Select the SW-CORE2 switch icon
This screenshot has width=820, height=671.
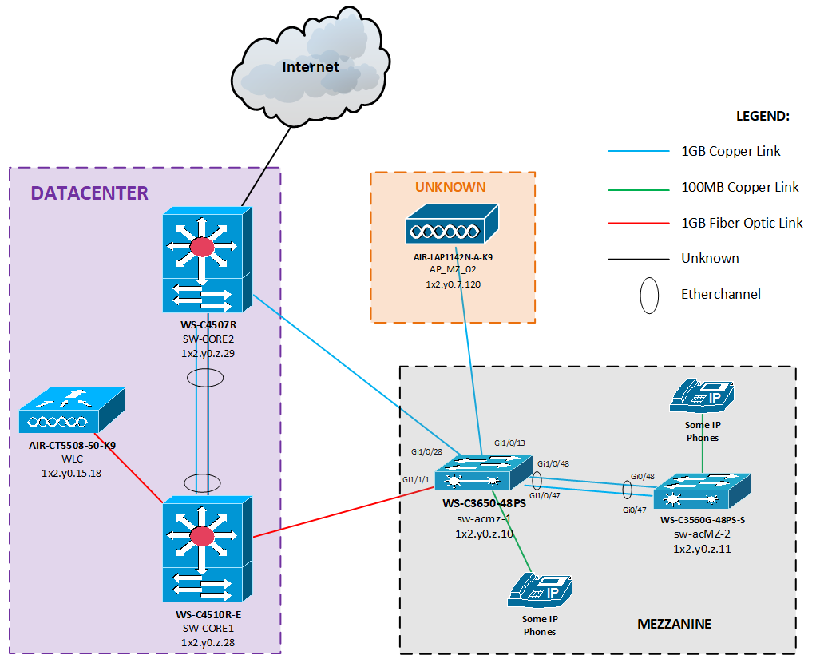tap(207, 260)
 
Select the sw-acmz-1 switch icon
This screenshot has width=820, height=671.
tap(485, 476)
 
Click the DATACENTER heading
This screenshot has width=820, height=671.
tap(89, 193)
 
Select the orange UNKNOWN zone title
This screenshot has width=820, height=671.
tap(450, 187)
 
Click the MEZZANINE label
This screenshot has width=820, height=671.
tap(674, 623)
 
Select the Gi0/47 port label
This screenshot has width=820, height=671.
tap(634, 509)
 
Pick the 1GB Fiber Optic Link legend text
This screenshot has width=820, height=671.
tap(742, 223)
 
